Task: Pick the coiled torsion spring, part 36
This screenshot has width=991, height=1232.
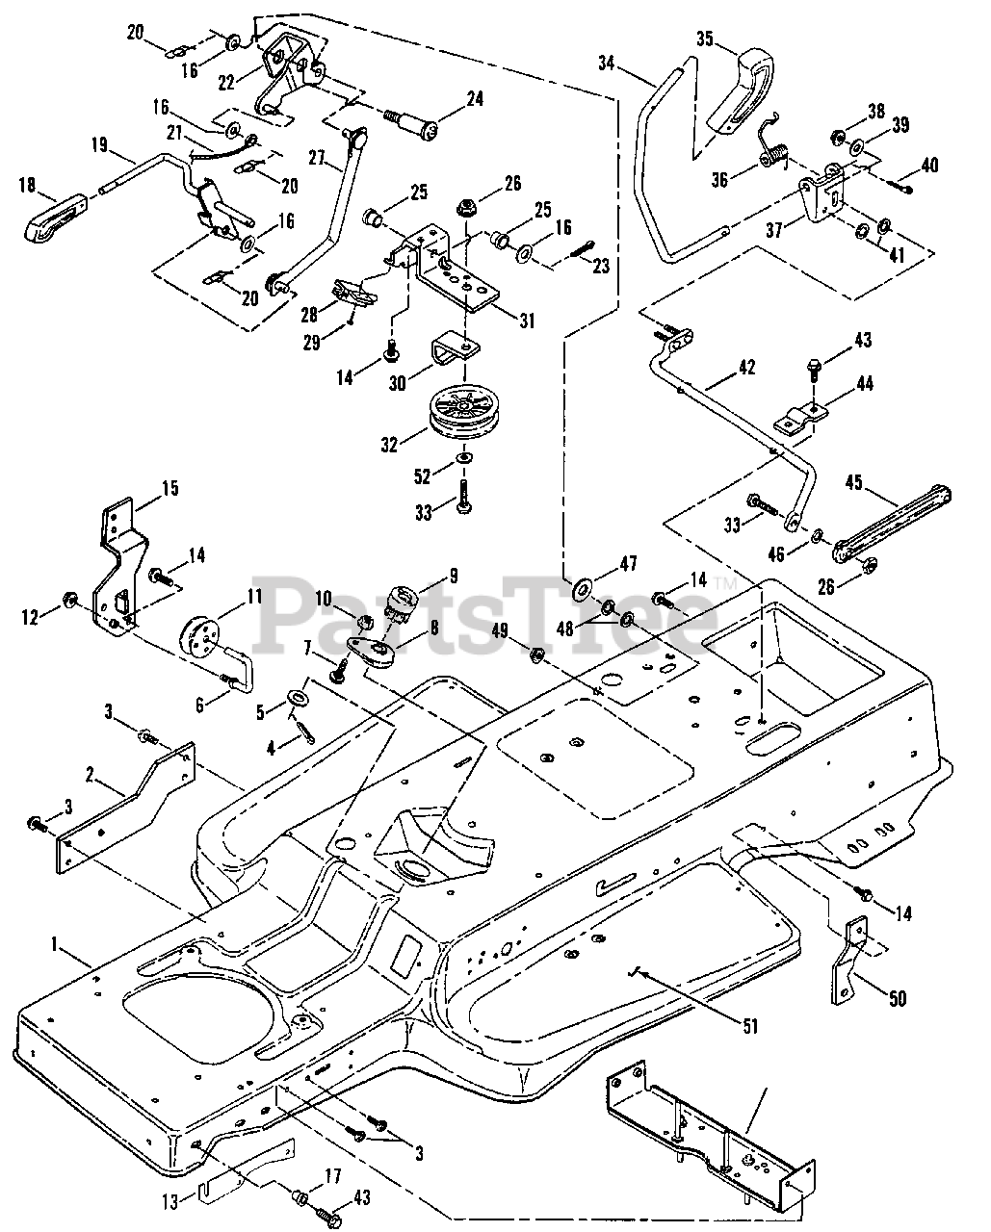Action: click(775, 150)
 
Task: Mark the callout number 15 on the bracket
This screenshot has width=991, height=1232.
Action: click(169, 488)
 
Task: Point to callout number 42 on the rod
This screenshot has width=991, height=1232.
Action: click(746, 367)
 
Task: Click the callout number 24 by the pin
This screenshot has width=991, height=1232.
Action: click(475, 98)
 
